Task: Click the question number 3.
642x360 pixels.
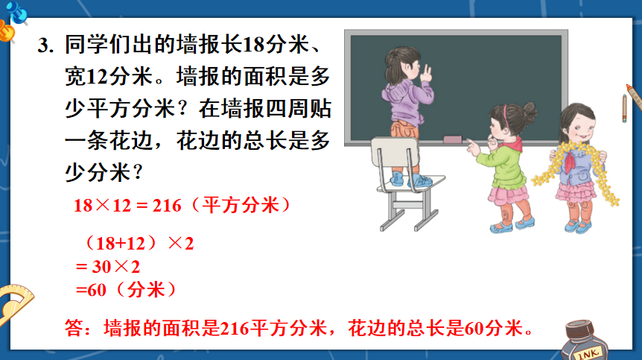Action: click(45, 45)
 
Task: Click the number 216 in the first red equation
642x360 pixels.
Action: click(167, 206)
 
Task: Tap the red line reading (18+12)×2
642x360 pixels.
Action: click(139, 243)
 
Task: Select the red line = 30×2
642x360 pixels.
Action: click(108, 267)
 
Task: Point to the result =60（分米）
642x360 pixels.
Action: click(126, 290)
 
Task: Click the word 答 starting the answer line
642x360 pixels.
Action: click(74, 328)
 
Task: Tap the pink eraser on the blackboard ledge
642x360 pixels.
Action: click(452, 139)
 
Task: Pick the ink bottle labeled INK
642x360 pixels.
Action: click(584, 341)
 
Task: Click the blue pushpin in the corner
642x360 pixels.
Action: click(17, 12)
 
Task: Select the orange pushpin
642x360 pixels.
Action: click(7, 32)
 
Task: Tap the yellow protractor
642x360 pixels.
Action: click(14, 304)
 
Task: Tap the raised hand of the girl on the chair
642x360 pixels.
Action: click(426, 74)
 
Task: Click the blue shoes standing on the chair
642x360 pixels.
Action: click(410, 180)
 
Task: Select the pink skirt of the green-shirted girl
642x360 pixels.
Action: click(508, 195)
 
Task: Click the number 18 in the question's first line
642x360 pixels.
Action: click(254, 45)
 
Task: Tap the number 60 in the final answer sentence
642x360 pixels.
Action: click(474, 329)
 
